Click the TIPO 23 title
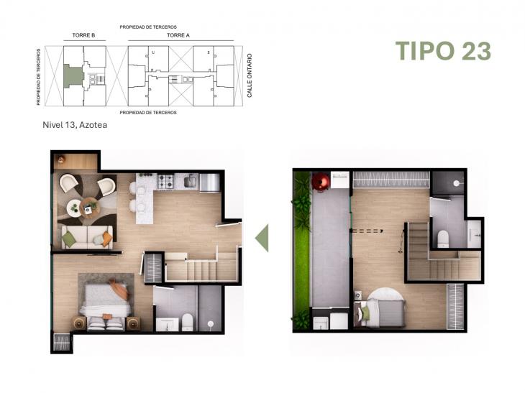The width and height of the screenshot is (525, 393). coord(443,51)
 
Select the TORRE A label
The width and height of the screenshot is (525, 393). coord(178,34)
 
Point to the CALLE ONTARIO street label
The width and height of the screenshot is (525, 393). coord(250,76)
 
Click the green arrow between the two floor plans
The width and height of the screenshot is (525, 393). coord(262,238)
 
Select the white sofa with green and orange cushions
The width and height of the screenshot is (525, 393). coord(87,237)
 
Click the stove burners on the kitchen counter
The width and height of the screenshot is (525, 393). coord(166,182)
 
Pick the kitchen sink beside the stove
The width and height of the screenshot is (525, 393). coord(190,182)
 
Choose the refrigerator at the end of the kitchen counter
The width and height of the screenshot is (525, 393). coord(209,182)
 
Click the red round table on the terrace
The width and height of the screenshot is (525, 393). coord(319,183)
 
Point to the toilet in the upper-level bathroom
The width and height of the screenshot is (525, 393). coord(444,236)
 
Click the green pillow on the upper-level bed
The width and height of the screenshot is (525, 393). coord(365,311)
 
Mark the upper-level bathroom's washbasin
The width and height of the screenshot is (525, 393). coord(474,231)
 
